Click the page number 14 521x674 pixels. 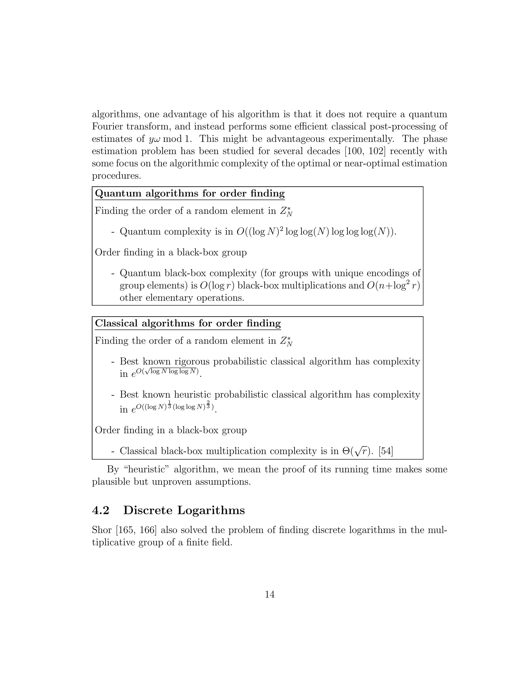tap(269, 594)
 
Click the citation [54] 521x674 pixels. tap(385, 451)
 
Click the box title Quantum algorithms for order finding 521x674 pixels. tap(190, 194)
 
